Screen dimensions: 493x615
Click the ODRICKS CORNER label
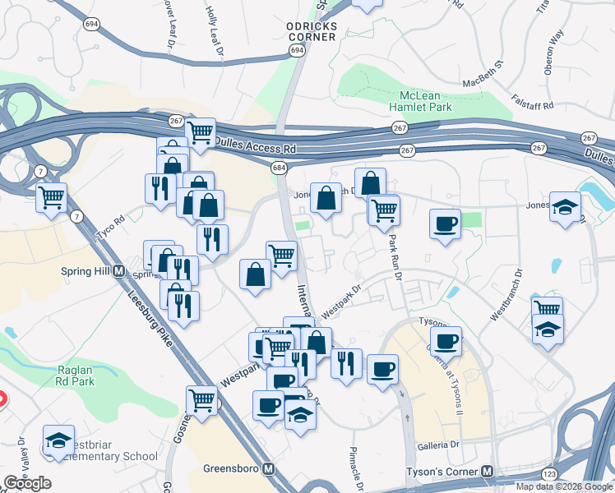tap(312, 30)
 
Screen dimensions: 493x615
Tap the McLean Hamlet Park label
tap(422, 101)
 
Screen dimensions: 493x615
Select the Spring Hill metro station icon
tap(118, 271)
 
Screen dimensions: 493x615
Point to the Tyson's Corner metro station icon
tap(488, 472)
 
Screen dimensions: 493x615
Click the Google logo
tap(27, 483)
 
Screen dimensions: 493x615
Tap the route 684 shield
tap(279, 168)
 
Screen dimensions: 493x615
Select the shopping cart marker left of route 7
tap(52, 197)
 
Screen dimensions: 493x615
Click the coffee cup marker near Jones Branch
tap(446, 223)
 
